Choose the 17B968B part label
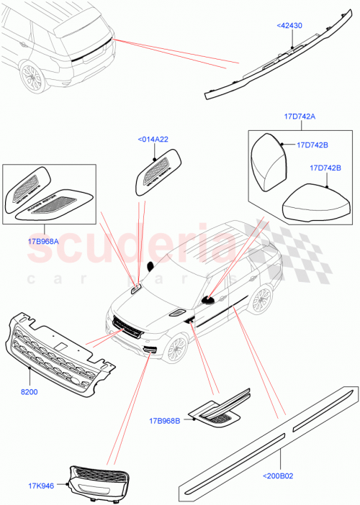pyautogui.click(x=166, y=421)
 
